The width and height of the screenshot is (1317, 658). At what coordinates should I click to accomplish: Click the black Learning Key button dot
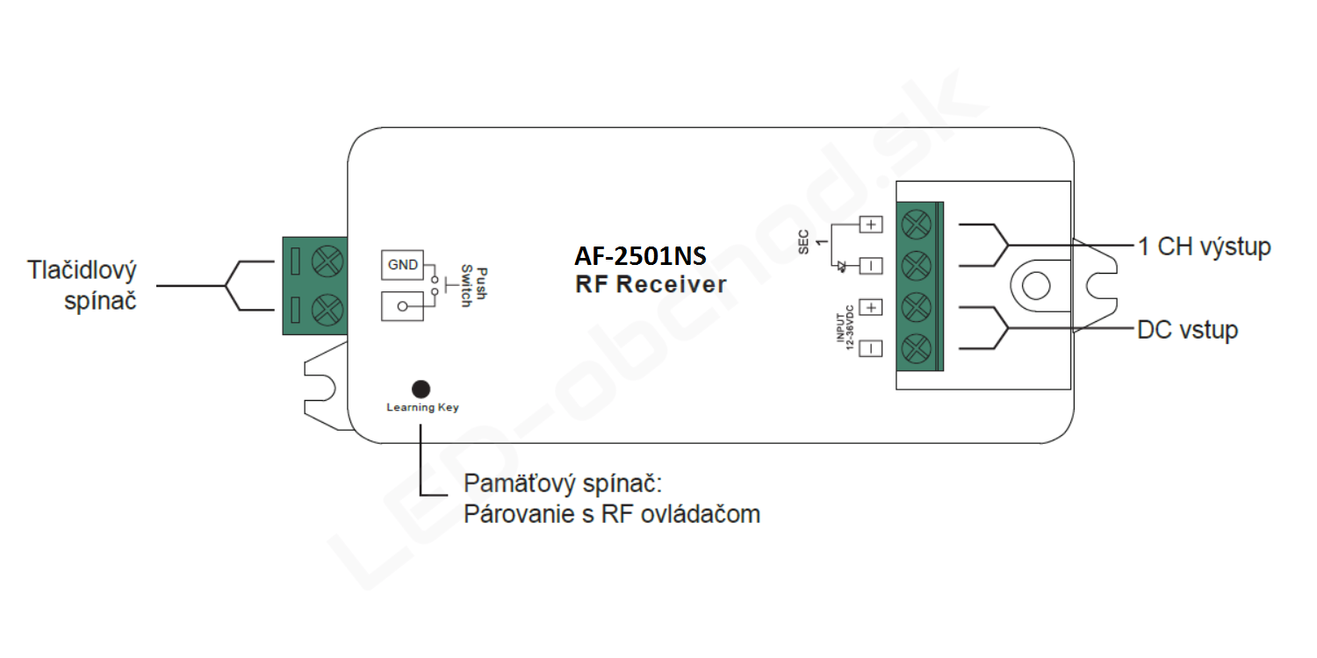[x=421, y=389]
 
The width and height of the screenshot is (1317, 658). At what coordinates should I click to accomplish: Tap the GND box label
[x=402, y=265]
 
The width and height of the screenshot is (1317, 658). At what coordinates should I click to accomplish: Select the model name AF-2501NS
[x=640, y=255]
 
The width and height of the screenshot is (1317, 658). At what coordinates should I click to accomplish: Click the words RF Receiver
[x=651, y=284]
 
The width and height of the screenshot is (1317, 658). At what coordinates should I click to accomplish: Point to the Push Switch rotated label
[x=474, y=287]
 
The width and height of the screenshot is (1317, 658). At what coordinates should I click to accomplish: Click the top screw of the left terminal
[x=327, y=261]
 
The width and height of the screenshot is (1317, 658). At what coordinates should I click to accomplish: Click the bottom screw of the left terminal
[x=327, y=311]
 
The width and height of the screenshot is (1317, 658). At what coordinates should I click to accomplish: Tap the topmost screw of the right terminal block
[x=916, y=225]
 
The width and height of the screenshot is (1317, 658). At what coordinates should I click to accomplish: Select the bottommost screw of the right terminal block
[x=916, y=348]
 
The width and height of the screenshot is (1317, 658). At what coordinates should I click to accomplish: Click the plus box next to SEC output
[x=871, y=225]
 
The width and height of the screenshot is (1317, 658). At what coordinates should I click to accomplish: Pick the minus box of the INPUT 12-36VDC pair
[x=871, y=348]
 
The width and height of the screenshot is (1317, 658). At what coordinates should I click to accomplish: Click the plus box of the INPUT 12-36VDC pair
[x=871, y=307]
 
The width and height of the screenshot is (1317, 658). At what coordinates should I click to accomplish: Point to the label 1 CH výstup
[x=1205, y=247]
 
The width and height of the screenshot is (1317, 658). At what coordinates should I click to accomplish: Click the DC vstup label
[x=1188, y=330]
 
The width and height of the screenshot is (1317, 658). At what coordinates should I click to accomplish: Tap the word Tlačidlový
[x=82, y=270]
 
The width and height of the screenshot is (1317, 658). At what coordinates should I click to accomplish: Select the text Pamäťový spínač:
[x=563, y=483]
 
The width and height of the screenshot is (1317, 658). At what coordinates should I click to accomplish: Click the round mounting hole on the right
[x=1036, y=286]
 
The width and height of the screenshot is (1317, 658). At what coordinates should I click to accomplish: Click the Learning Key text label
[x=422, y=408]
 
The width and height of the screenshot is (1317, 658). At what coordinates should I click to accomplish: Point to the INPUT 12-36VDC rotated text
[x=845, y=328]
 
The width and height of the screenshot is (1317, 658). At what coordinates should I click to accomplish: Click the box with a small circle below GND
[x=402, y=306]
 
